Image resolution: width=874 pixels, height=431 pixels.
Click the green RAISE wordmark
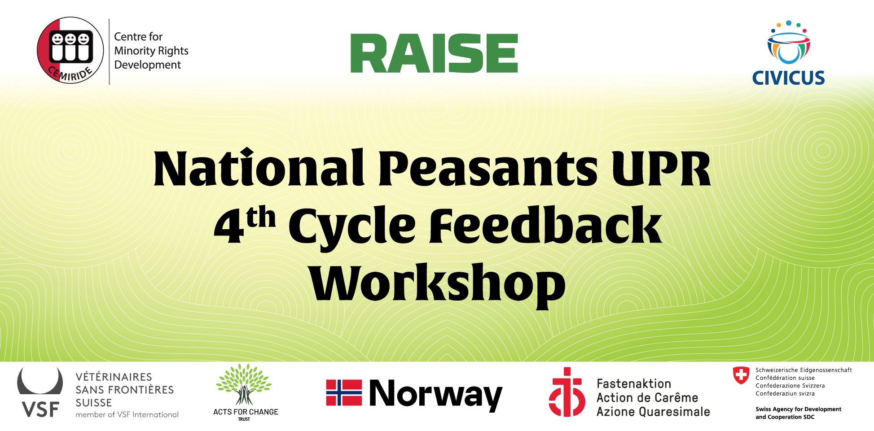[x=434, y=53]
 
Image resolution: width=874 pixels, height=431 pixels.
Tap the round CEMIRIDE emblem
[x=70, y=50]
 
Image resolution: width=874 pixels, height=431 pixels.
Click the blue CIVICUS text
[x=788, y=78]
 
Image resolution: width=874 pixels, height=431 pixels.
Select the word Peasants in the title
[x=488, y=168]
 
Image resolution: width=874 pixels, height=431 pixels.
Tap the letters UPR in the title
[x=662, y=168]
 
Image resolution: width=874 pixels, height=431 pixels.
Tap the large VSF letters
[x=40, y=409]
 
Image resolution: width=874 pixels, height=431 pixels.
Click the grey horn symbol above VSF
[x=40, y=382]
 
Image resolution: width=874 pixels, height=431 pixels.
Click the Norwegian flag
[x=344, y=393]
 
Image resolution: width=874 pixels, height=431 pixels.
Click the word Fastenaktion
[x=634, y=384]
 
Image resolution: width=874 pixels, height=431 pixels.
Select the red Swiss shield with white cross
[x=741, y=375]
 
